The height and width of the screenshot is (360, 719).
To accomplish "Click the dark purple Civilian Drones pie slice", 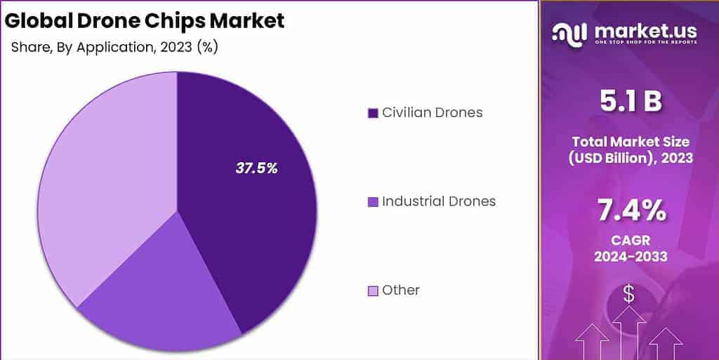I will pyautogui.click(x=253, y=225).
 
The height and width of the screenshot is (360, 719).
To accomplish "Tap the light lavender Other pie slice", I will pyautogui.click(x=105, y=182).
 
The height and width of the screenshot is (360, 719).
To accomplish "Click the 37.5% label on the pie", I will pyautogui.click(x=256, y=168).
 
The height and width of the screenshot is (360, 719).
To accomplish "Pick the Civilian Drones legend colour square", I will pyautogui.click(x=372, y=113).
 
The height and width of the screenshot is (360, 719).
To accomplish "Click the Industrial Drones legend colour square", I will pyautogui.click(x=372, y=202).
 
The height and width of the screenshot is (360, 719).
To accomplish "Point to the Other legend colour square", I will pyautogui.click(x=372, y=291).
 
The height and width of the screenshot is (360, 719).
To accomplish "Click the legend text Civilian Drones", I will pyautogui.click(x=432, y=112).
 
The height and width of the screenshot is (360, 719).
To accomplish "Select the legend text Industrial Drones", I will pyautogui.click(x=439, y=201).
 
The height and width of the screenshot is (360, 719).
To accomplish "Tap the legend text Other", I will pyautogui.click(x=400, y=290).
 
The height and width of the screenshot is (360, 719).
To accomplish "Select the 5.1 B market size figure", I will pyautogui.click(x=631, y=102).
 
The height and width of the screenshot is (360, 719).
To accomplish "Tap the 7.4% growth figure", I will pyautogui.click(x=631, y=209).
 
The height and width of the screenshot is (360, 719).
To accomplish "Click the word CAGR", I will pyautogui.click(x=631, y=241).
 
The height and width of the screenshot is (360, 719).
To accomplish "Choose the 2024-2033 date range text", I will pyautogui.click(x=631, y=257).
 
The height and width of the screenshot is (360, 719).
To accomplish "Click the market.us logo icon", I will pyautogui.click(x=570, y=34).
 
